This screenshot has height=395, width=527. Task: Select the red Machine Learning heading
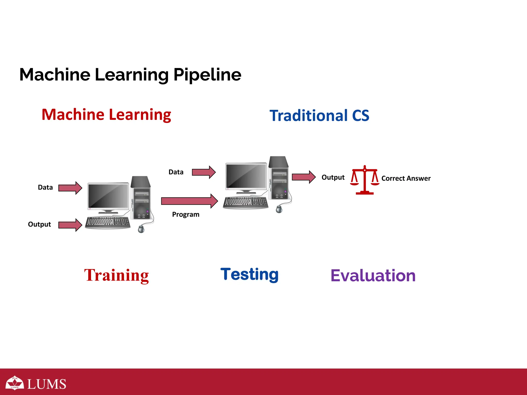point(106,115)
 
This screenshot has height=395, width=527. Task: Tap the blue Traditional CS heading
point(319,115)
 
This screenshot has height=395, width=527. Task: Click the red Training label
point(116,275)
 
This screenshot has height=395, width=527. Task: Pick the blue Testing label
point(249,274)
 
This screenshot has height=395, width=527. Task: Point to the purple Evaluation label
point(373,275)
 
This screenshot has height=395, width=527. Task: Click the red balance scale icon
point(364,180)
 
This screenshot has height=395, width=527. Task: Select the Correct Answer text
point(406,178)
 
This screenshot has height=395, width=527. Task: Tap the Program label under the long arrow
point(186,214)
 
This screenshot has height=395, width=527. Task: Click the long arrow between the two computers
point(189,201)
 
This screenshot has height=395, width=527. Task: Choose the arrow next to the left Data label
point(70,188)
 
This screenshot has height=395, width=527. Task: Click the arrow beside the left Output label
point(70,225)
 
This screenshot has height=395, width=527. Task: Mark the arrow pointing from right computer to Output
point(303,177)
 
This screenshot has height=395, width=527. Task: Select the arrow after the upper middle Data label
point(204,172)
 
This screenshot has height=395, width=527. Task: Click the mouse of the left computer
point(141,229)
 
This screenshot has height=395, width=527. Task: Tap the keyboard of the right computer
point(245,203)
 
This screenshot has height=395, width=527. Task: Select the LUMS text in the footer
point(47,384)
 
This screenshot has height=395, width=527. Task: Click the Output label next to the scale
point(333,177)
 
